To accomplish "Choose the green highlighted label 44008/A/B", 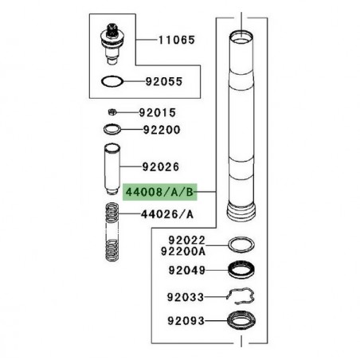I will pos(158,193).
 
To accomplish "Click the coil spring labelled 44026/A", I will pos(111,237).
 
